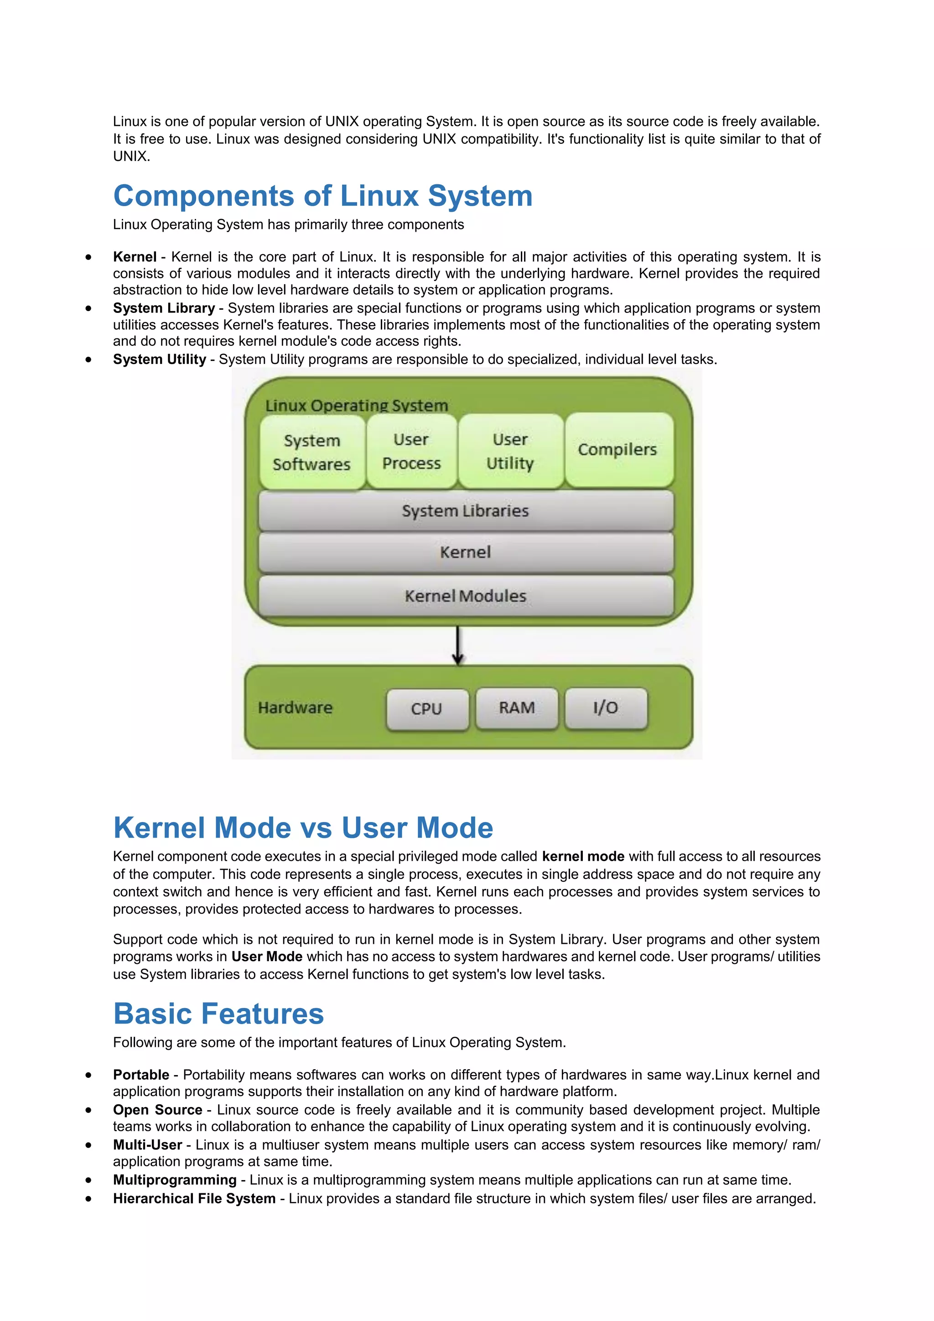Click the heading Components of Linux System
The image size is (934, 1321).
(x=322, y=196)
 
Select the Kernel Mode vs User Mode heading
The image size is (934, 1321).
(x=303, y=828)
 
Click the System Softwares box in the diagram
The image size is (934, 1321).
(x=312, y=452)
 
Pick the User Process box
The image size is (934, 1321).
(x=411, y=451)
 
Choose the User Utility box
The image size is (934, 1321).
(x=510, y=451)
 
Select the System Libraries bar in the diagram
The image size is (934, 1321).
(x=465, y=511)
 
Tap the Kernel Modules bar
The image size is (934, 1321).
(x=465, y=596)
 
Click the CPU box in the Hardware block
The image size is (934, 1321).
(x=427, y=709)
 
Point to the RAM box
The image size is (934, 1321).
(x=516, y=707)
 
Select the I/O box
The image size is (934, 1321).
(x=606, y=707)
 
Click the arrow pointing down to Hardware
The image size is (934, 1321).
(x=458, y=645)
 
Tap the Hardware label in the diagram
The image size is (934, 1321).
(x=295, y=707)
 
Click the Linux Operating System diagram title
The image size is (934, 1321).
(x=356, y=405)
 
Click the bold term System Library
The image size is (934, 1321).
(x=164, y=308)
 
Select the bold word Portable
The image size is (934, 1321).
(x=141, y=1075)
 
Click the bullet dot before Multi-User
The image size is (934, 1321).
(x=88, y=1145)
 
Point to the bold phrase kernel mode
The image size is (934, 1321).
(x=582, y=857)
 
